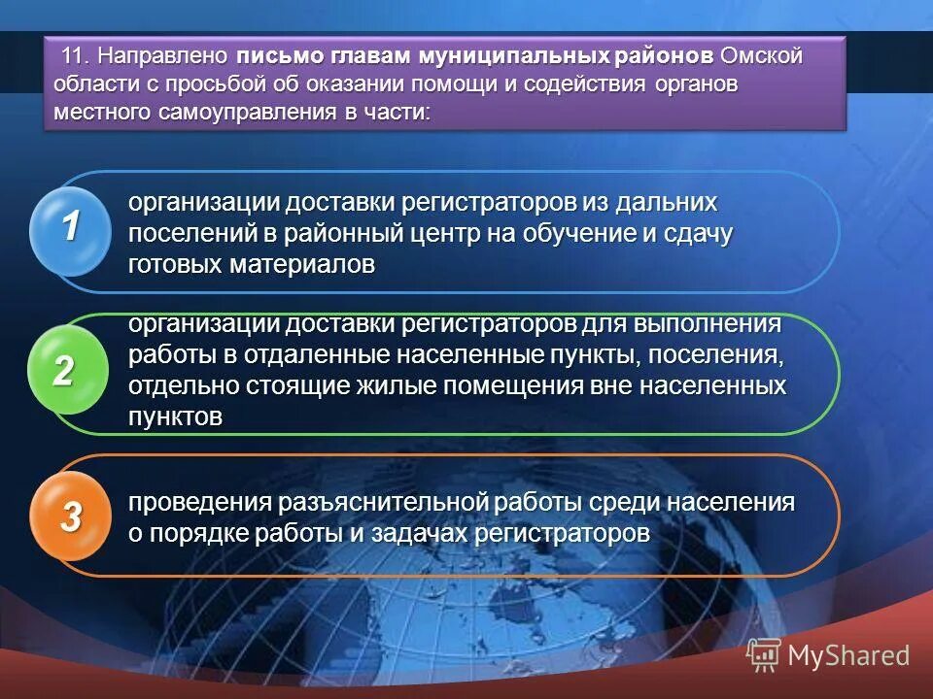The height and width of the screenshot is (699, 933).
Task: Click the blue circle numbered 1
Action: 70,229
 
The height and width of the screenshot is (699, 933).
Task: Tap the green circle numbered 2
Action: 64,373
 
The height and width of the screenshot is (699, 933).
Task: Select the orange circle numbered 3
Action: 70,518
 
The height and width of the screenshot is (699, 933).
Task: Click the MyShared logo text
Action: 848,655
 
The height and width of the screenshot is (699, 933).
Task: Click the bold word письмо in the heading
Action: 277,56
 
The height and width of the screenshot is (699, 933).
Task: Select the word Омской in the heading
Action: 764,56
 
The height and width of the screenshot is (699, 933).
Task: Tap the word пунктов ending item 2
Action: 176,416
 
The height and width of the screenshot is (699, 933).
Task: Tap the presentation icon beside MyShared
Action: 763,656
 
